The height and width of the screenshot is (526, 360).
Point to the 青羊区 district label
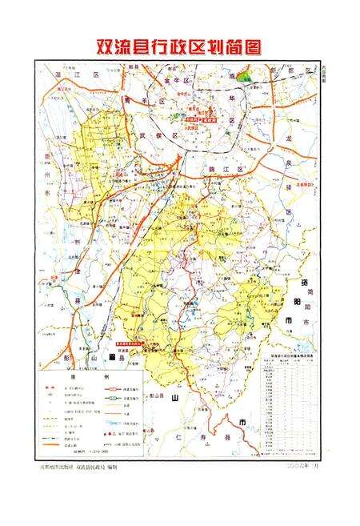[x=159, y=102]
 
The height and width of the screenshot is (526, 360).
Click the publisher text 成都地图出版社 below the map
[x=64, y=466]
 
